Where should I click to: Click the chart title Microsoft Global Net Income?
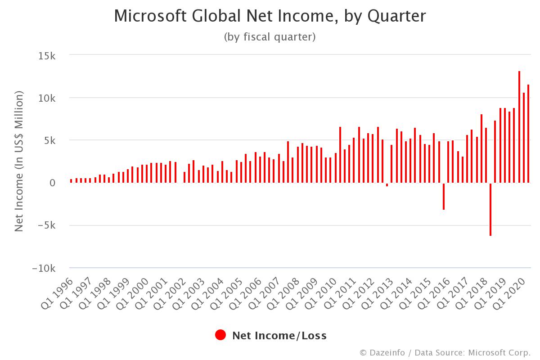pyautogui.click(x=270, y=16)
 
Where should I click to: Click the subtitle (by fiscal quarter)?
pyautogui.click(x=270, y=37)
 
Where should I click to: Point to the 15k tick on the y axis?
pyautogui.click(x=46, y=55)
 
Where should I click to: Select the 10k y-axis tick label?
pyautogui.click(x=46, y=98)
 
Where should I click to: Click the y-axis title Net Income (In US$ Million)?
pyautogui.click(x=19, y=161)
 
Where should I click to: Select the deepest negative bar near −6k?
pyautogui.click(x=490, y=209)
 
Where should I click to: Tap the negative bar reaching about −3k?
pyautogui.click(x=443, y=196)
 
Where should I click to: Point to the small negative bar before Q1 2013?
pyautogui.click(x=387, y=184)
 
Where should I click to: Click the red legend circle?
pyautogui.click(x=220, y=335)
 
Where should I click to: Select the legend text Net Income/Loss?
pyautogui.click(x=279, y=336)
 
